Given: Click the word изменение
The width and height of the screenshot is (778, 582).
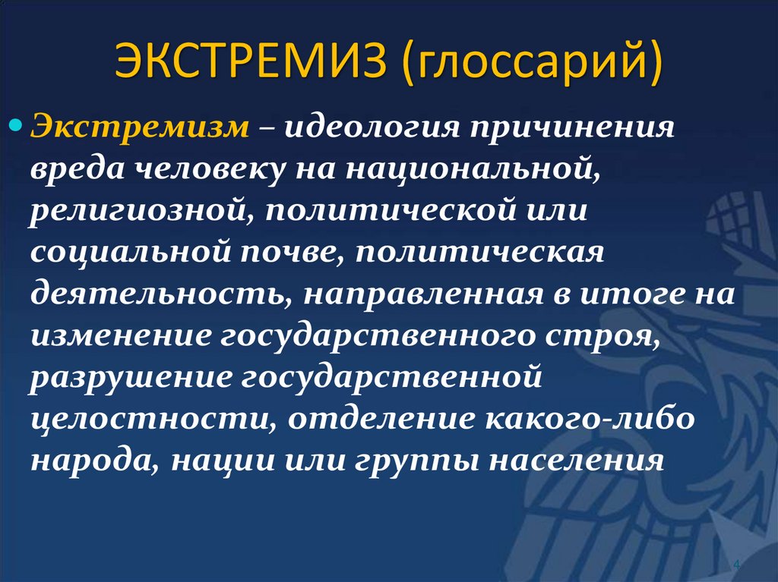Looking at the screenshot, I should tap(119, 337).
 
